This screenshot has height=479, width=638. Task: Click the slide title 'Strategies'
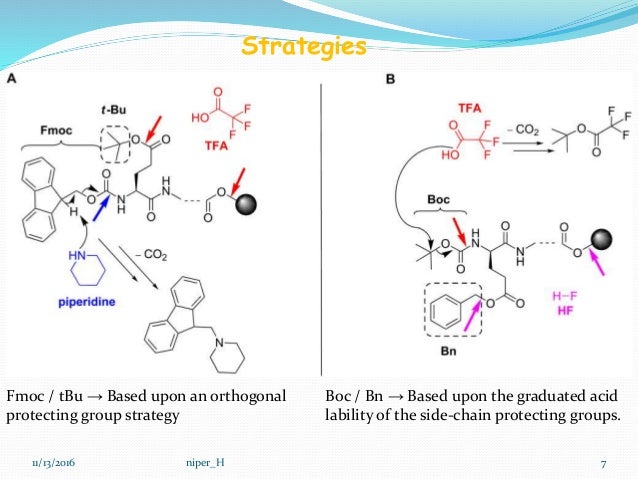point(304,47)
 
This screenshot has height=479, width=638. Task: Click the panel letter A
point(12,78)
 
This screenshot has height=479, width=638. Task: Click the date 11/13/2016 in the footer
point(52,462)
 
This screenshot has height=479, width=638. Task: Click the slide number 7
point(604,462)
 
